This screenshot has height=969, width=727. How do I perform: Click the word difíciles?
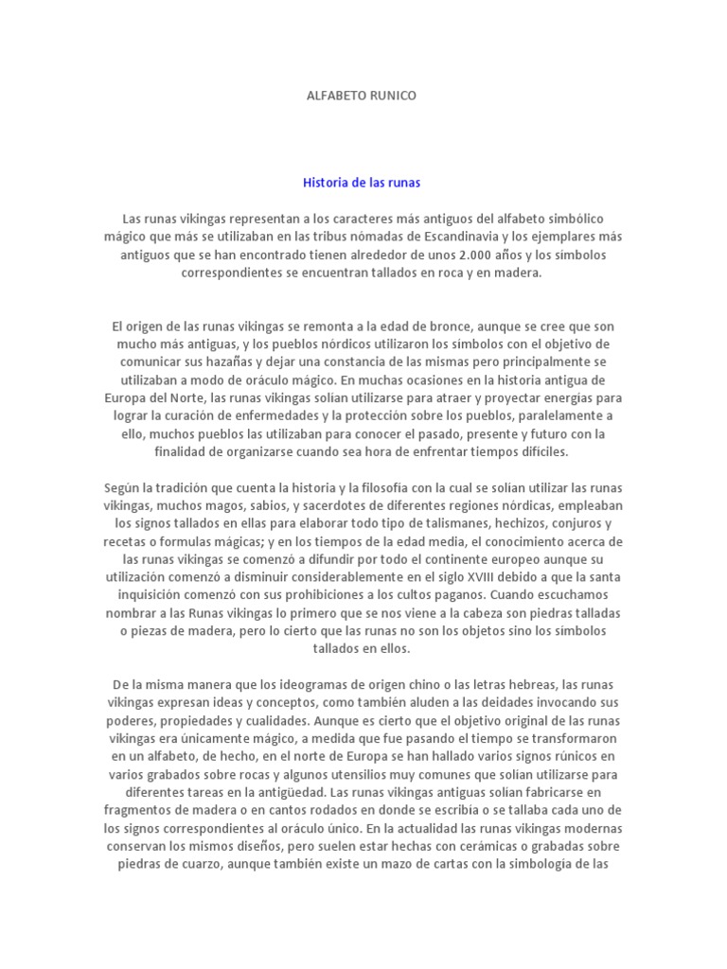(x=540, y=451)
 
